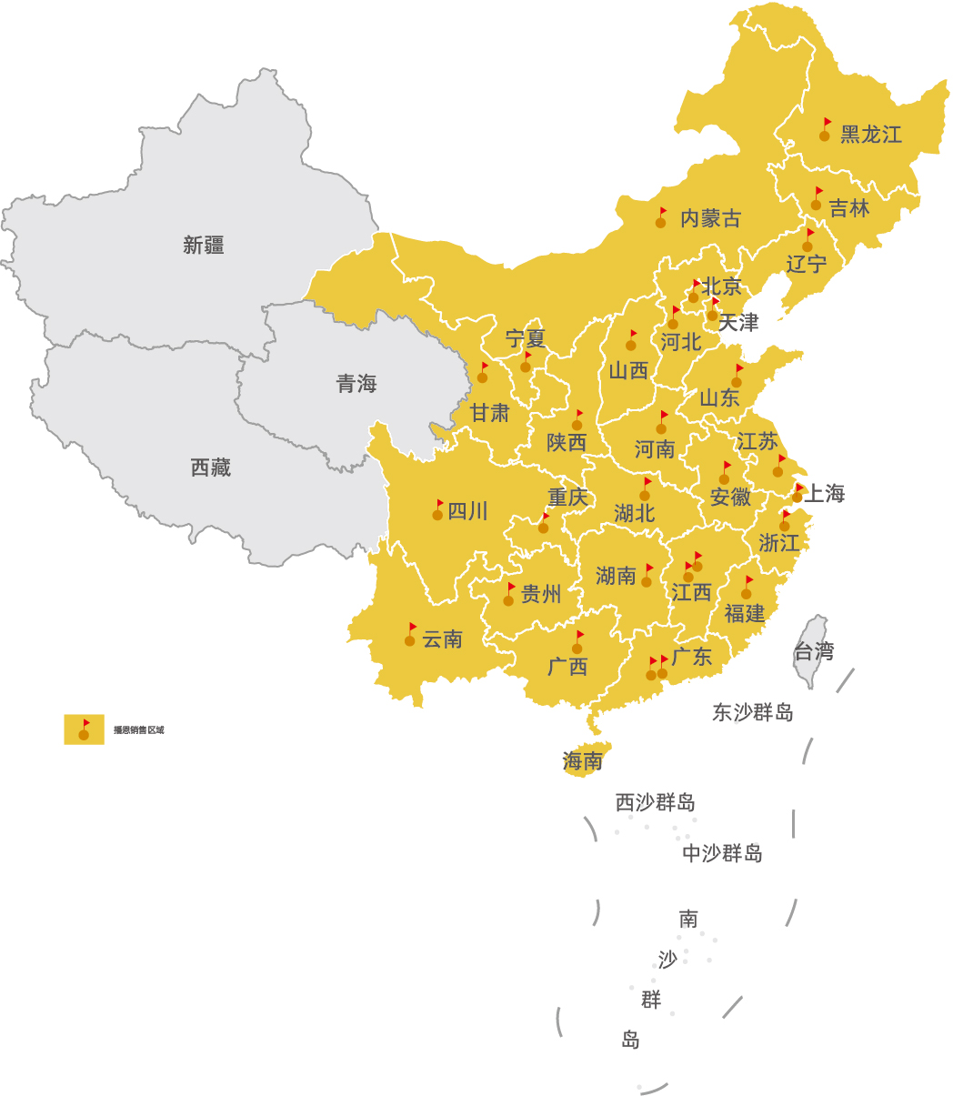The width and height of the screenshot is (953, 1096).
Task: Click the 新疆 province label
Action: tap(204, 245)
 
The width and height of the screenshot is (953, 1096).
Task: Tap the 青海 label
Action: tap(356, 384)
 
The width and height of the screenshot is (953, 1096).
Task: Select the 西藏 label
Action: tap(211, 468)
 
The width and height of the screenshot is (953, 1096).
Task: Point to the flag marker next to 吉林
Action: tap(817, 200)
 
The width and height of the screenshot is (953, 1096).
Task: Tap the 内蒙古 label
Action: tap(710, 218)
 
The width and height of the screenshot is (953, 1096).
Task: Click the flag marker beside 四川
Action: tap(437, 509)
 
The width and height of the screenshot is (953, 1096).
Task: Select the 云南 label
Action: tap(443, 639)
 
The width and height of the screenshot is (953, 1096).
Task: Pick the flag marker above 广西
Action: tap(577, 642)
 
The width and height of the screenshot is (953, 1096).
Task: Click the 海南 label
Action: tap(582, 761)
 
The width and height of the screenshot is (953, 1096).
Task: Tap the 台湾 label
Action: tap(813, 651)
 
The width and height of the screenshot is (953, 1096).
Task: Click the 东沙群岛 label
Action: tap(752, 712)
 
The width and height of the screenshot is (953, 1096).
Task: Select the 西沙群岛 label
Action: tap(655, 803)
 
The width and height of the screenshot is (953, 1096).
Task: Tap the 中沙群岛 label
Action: tap(722, 853)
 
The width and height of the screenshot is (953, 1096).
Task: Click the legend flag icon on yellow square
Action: tap(84, 729)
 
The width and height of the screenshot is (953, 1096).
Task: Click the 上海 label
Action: tap(825, 494)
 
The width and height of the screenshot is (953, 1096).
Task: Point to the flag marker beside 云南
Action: tap(410, 635)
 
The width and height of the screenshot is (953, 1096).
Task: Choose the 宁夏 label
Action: tap(526, 339)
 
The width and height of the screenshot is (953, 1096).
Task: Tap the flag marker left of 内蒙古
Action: tap(661, 217)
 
